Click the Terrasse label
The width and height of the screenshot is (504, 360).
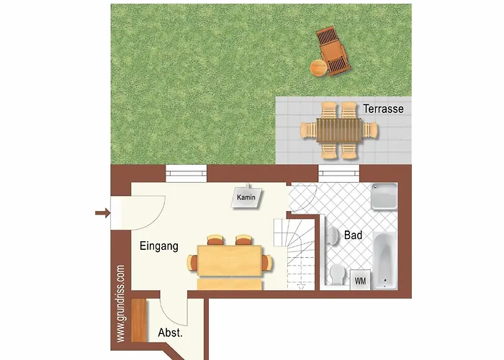tap(384, 109)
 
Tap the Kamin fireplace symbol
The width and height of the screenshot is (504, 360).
tap(246, 197)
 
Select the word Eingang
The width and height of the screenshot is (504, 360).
tap(159, 246)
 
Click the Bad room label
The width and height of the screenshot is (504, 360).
tap(353, 235)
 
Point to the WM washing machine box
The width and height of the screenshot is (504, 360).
tap(360, 281)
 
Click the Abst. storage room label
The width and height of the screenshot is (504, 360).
tap(170, 333)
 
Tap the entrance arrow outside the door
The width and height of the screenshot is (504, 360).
tap(102, 212)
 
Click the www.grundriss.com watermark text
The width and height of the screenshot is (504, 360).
tap(120, 304)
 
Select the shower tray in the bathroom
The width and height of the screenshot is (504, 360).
tap(384, 197)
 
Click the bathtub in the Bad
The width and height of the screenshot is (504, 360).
tap(384, 261)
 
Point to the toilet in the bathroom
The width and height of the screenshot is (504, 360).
tap(336, 274)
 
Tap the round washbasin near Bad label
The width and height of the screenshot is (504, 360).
tap(333, 236)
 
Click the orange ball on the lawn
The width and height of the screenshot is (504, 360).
tap(318, 68)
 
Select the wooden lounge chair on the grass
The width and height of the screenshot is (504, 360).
tap(333, 51)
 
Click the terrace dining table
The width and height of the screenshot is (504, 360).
tap(339, 130)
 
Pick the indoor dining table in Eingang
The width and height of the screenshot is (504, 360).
tap(230, 261)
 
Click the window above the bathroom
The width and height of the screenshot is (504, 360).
tap(339, 174)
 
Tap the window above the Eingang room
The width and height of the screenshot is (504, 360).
tap(186, 174)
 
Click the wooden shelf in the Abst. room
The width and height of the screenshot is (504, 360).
tap(139, 320)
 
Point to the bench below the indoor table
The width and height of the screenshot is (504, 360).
tap(230, 284)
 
